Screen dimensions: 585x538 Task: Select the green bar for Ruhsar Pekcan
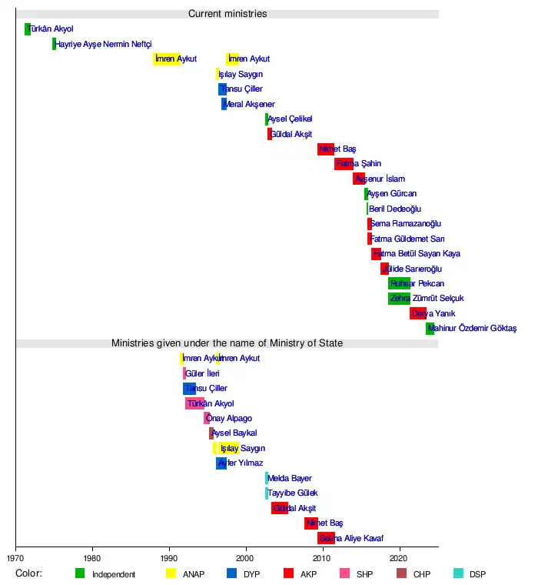[399, 283]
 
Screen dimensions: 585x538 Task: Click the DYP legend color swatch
[231, 573]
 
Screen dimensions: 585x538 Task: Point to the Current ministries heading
[227, 14]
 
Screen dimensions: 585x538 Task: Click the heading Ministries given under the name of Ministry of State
[227, 343]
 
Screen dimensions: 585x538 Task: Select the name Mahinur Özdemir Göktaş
[472, 329]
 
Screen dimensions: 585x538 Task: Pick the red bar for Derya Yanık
[417, 313]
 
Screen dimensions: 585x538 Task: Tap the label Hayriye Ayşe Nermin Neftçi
[103, 45]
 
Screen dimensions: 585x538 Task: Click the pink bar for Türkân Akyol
[194, 403]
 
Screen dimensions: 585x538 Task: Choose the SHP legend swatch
[345, 573]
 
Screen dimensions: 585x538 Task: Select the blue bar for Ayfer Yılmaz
[221, 463]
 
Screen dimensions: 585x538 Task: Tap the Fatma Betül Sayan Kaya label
[416, 254]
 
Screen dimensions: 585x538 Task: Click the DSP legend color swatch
[458, 573]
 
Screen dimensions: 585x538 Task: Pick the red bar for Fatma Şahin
[344, 164]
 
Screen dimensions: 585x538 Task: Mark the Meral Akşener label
[249, 105]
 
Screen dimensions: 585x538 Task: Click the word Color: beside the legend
[28, 573]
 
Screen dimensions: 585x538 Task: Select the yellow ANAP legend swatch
[171, 573]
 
